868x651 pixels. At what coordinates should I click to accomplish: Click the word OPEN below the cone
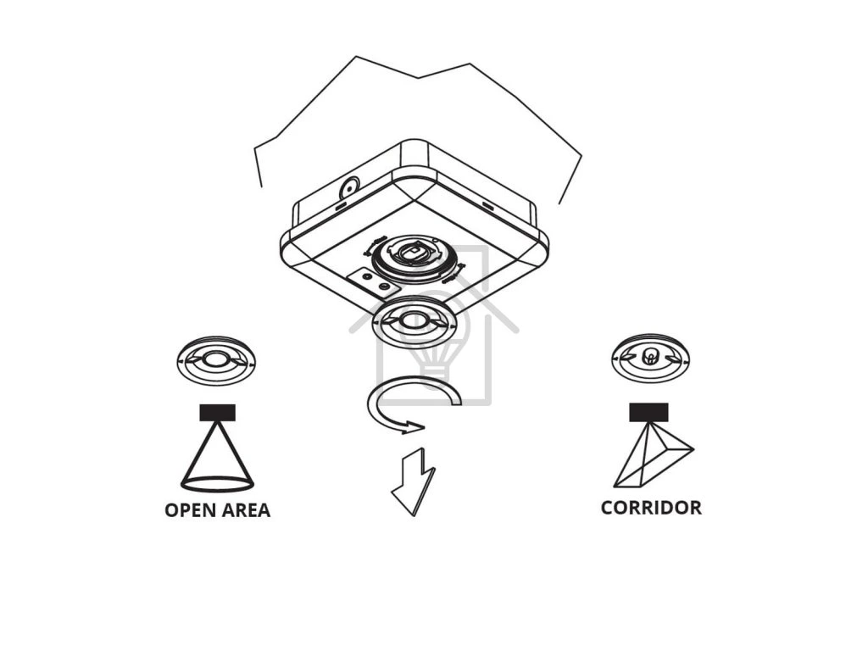pos(192,510)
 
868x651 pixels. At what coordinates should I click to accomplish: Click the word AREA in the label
pos(246,510)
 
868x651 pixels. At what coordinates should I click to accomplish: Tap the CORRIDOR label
pos(651,508)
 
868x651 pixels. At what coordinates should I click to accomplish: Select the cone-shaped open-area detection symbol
pos(218,458)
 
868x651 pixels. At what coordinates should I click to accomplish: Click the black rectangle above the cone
pos(218,413)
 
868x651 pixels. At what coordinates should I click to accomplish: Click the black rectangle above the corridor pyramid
pos(648,412)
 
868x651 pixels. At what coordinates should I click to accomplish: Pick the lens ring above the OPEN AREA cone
pos(217,360)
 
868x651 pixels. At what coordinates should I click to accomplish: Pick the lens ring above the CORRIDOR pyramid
pos(649,357)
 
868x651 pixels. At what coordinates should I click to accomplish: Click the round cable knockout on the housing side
pos(348,188)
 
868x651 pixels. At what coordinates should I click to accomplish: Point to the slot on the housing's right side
pos(487,206)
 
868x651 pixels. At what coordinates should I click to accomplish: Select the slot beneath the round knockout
pos(340,206)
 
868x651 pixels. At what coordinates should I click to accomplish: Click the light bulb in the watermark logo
pos(434,331)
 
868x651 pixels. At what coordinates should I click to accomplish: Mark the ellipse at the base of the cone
pos(218,484)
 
